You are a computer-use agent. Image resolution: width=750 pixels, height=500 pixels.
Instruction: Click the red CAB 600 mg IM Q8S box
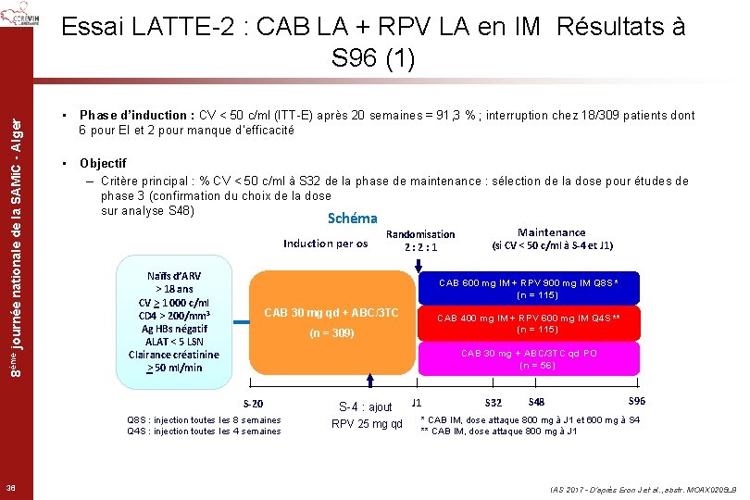pyautogui.click(x=528, y=288)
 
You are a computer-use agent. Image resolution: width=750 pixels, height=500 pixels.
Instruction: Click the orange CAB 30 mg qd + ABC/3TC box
pyautogui.click(x=331, y=321)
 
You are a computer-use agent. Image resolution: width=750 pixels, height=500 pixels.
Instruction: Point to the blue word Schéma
pyautogui.click(x=353, y=219)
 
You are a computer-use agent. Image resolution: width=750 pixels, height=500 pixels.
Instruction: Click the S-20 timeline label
pyautogui.click(x=253, y=404)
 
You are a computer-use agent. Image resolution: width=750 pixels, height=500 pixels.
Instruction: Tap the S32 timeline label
pyautogui.click(x=494, y=403)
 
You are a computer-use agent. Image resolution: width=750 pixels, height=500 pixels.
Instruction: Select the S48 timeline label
pyautogui.click(x=536, y=402)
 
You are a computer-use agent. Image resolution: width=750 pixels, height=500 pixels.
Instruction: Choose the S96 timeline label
pyautogui.click(x=637, y=401)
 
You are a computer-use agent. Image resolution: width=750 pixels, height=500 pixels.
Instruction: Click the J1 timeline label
pyautogui.click(x=417, y=403)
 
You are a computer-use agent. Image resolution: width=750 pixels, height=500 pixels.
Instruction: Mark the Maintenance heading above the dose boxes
pyautogui.click(x=551, y=232)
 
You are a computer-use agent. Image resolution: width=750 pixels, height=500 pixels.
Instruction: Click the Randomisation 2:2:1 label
pyautogui.click(x=420, y=241)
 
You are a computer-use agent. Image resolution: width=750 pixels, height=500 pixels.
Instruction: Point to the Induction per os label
pyautogui.click(x=326, y=244)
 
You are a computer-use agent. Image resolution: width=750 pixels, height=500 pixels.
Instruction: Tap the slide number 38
pyautogui.click(x=9, y=489)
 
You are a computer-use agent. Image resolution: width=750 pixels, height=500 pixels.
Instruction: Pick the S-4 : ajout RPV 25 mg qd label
pyautogui.click(x=368, y=416)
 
